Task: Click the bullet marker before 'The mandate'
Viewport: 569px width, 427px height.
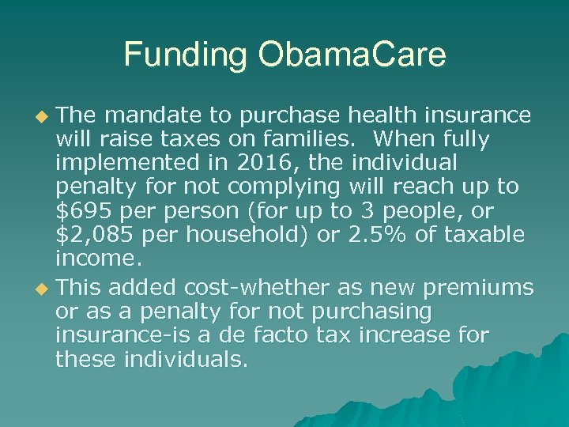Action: (x=42, y=117)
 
